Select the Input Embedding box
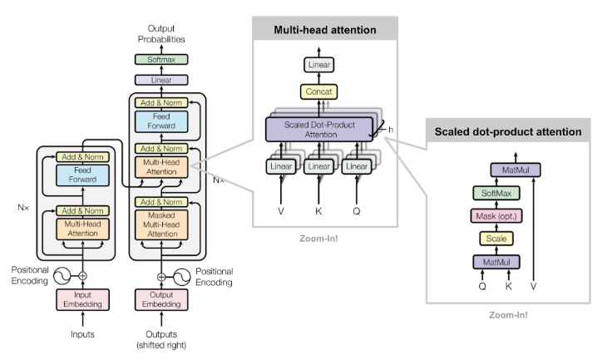tap(82, 300)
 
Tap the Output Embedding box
tap(162, 300)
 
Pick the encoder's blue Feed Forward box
tap(82, 175)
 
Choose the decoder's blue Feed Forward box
tap(162, 122)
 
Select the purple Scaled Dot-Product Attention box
tap(320, 129)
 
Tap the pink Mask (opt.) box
tap(496, 216)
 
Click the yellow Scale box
tap(496, 239)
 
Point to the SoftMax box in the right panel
tap(496, 193)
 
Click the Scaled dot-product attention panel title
tap(508, 131)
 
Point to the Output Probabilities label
tap(161, 34)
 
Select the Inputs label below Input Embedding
tap(82, 335)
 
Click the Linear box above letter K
tap(320, 167)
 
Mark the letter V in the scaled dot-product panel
tap(533, 285)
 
